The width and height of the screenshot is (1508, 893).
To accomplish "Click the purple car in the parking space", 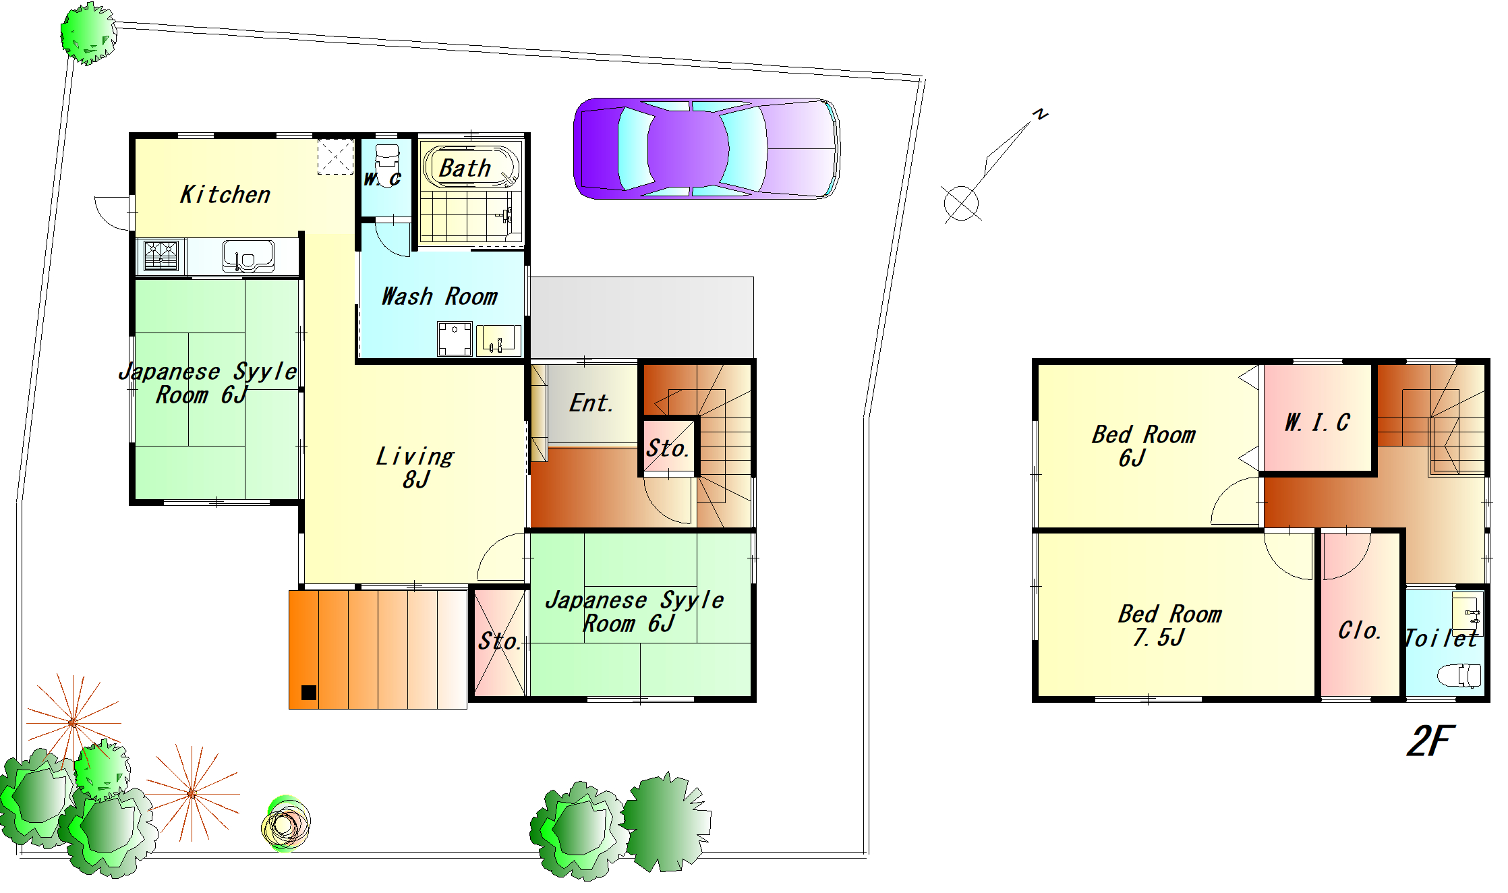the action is [706, 148].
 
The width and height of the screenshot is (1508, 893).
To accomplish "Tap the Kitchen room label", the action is [225, 195].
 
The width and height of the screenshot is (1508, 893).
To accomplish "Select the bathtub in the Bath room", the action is [471, 167].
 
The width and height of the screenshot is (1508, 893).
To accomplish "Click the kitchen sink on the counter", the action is [248, 256].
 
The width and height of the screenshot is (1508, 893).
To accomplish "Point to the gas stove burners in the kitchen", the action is [161, 256].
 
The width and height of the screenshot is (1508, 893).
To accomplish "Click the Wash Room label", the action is [440, 297].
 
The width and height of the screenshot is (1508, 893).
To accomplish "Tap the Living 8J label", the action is [415, 467].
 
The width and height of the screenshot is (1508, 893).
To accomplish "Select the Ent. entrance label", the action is [591, 403].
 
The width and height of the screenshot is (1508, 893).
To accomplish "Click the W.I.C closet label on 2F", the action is [1317, 422].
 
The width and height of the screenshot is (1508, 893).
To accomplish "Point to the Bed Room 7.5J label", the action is [1169, 625].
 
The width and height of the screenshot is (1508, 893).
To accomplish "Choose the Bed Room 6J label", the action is [1144, 446].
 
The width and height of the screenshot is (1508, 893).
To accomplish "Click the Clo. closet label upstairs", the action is [1360, 630].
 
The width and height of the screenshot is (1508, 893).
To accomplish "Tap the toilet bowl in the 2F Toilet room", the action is [1459, 675].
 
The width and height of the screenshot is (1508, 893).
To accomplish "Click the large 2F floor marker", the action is [1431, 741].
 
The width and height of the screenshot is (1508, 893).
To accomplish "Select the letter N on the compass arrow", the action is [1041, 114].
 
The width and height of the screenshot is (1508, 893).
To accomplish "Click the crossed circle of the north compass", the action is [961, 203].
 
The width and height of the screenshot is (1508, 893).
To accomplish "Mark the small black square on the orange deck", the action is [309, 692].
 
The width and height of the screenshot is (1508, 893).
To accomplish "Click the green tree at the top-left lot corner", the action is [88, 33].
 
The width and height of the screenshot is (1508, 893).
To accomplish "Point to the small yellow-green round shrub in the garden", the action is [285, 824].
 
